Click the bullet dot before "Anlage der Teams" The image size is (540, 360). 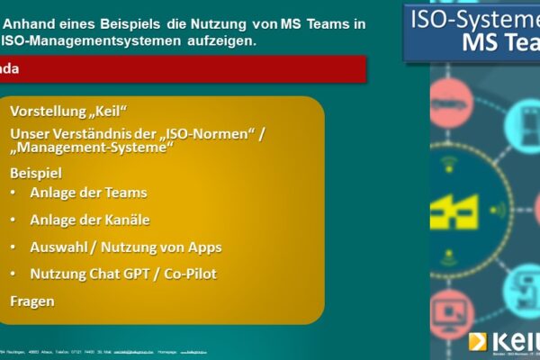tap(13, 193)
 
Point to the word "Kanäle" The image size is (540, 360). tap(127, 220)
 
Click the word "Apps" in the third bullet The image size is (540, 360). tap(202, 247)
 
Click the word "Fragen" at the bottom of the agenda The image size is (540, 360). tap(32, 301)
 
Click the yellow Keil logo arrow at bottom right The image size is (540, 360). tap(477, 341)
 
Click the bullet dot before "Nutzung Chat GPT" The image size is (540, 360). tap(13, 274)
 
